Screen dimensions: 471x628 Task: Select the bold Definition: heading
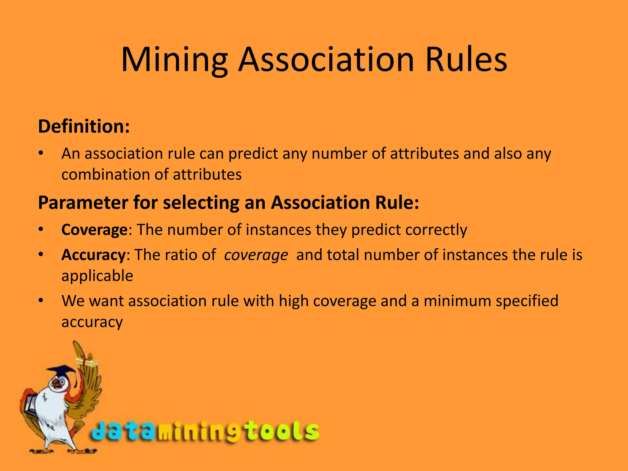pos(84,126)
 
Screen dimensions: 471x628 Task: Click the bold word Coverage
pos(94,230)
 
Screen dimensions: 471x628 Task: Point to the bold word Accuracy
pos(93,255)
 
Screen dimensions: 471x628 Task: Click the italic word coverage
pos(256,255)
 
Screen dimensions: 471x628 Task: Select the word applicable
pos(97,276)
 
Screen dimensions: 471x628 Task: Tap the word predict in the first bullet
pos(253,154)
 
